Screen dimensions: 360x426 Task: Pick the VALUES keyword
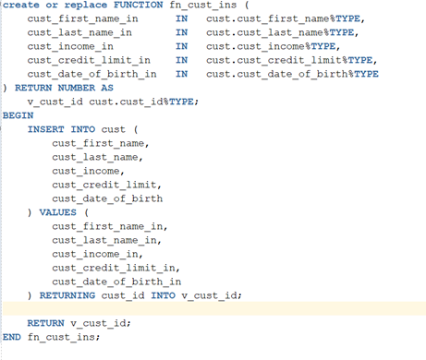coord(57,212)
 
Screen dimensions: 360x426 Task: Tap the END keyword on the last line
coord(12,337)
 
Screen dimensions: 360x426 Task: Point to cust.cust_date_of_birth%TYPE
coord(292,73)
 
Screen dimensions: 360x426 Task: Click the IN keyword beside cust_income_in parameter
coord(181,45)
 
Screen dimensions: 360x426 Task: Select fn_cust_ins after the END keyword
coord(64,337)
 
